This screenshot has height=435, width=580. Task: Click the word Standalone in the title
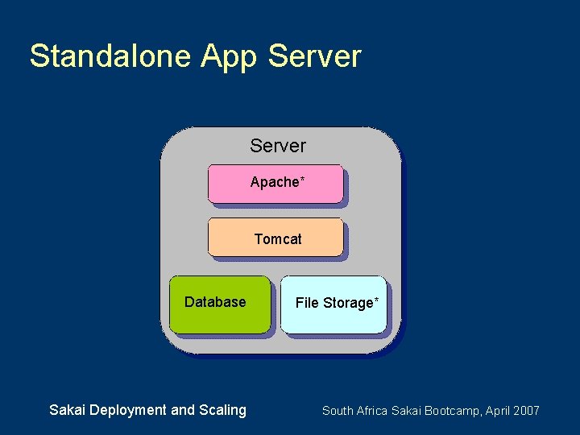(110, 56)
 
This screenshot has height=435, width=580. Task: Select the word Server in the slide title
(315, 56)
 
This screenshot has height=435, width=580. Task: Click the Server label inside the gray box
(278, 146)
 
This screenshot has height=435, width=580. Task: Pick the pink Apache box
(275, 184)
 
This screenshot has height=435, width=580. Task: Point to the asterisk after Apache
(302, 179)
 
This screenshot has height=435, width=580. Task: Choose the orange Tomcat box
(275, 237)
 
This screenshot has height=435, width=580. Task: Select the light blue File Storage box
(333, 304)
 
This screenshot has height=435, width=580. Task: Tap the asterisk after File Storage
(375, 300)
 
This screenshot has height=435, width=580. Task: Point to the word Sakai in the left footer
(68, 410)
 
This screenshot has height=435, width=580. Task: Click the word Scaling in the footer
(222, 411)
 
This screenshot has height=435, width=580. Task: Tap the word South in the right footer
(338, 411)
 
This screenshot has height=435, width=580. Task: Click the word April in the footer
(500, 412)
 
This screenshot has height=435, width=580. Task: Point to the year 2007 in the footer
(527, 411)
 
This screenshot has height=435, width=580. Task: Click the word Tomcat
(278, 239)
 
